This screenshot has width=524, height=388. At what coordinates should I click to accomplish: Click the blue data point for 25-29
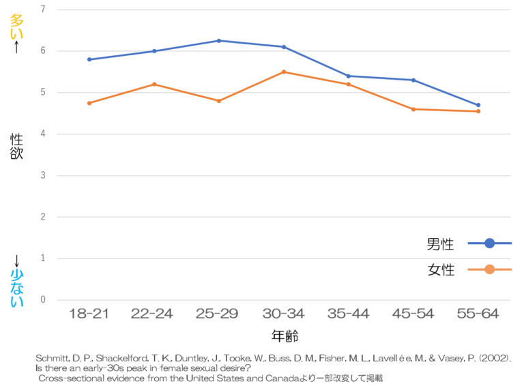(218, 41)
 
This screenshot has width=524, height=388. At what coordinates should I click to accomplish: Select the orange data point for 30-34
(284, 72)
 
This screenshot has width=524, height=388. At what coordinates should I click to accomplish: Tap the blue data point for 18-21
(89, 59)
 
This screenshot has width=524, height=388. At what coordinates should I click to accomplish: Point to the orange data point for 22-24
(154, 84)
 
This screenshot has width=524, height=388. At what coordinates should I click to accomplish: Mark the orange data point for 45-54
(413, 109)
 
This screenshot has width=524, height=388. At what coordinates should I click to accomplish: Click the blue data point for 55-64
(478, 105)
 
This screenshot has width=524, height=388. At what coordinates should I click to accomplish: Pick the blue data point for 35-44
(349, 76)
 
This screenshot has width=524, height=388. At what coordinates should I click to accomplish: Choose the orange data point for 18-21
(89, 103)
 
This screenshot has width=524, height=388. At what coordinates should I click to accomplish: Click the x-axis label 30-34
(284, 314)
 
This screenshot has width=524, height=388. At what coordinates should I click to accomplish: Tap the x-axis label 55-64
(478, 314)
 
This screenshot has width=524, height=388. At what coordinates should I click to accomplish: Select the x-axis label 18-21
(89, 314)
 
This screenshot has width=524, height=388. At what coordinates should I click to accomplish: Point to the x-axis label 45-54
(413, 314)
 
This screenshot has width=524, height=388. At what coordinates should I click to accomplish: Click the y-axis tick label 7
(43, 10)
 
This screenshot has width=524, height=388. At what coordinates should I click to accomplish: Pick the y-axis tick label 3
(43, 175)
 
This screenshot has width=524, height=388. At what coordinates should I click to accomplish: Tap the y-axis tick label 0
(43, 300)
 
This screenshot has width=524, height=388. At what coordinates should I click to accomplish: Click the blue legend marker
(489, 243)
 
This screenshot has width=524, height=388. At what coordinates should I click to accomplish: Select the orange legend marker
(489, 269)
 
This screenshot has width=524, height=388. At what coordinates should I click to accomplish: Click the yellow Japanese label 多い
(16, 27)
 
